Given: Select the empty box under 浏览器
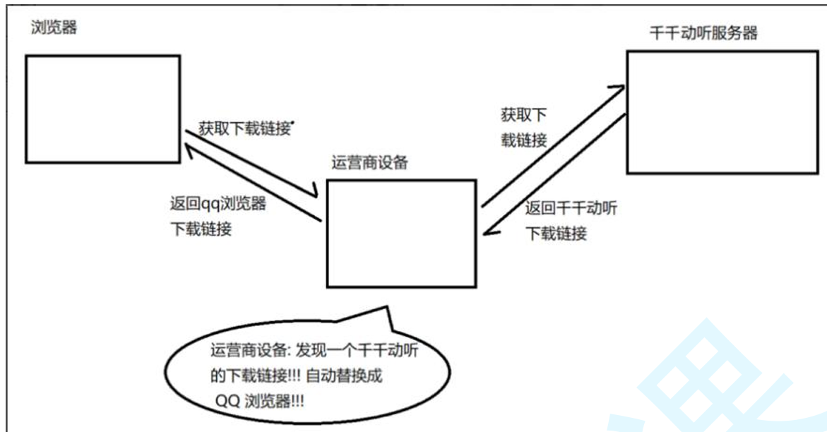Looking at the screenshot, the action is click(103, 109).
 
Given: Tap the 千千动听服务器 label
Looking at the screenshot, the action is click(703, 33).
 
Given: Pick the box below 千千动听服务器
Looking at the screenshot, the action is click(723, 112).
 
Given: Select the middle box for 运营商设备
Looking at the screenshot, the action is click(401, 233).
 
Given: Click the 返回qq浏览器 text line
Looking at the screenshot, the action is click(218, 204).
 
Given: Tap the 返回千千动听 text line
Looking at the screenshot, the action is click(572, 208).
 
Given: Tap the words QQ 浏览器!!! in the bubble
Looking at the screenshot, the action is click(261, 400).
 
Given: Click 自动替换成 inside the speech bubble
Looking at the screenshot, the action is click(346, 375).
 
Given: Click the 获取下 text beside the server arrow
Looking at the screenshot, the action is click(523, 115).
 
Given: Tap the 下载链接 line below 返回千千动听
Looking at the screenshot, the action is click(557, 232).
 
